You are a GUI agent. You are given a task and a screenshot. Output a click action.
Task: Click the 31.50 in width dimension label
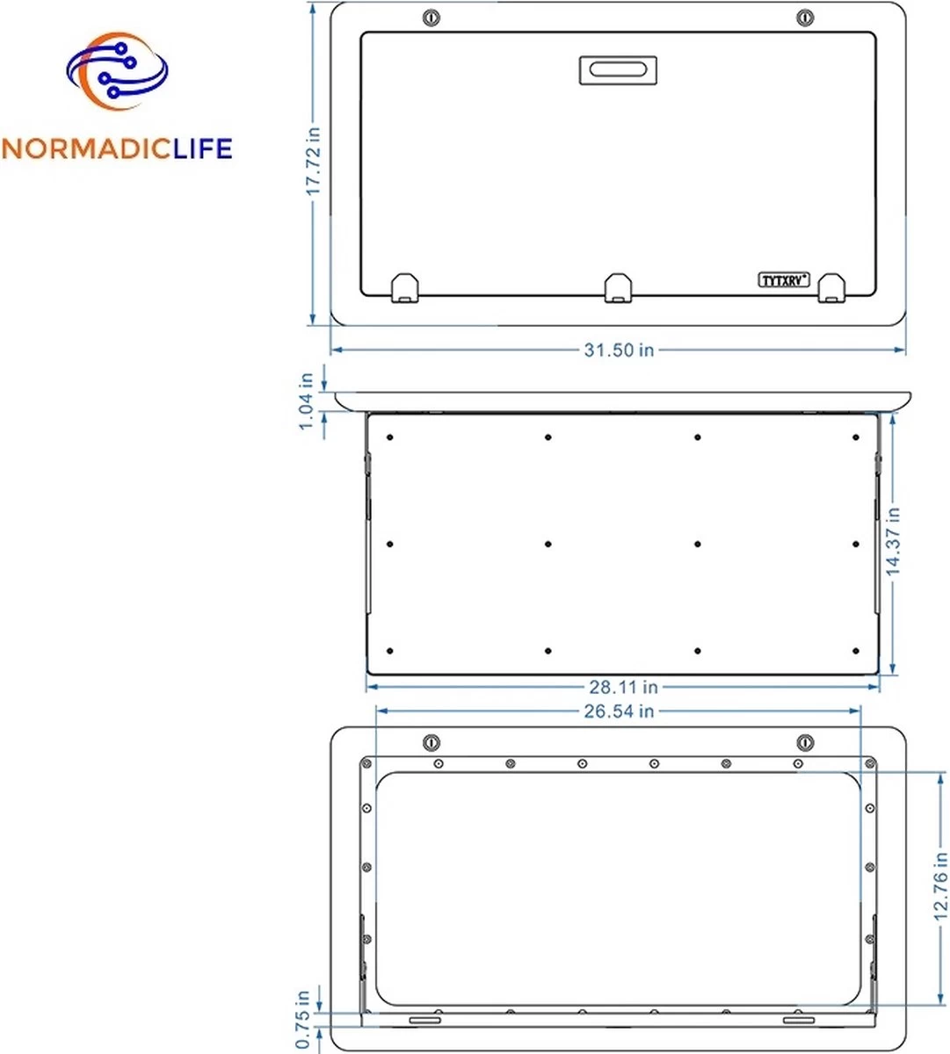tap(619, 350)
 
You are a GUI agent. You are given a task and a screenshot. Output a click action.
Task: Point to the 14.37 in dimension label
tap(893, 541)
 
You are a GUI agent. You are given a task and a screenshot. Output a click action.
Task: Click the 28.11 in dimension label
tap(622, 687)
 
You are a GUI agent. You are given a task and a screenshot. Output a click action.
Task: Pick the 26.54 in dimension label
tap(619, 711)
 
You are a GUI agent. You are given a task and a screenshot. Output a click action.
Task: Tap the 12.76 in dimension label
tap(941, 885)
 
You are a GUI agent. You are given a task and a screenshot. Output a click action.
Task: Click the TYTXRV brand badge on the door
tap(784, 279)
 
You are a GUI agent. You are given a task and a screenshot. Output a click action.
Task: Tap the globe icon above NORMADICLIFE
tap(116, 73)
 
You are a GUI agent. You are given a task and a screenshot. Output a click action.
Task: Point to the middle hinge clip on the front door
tap(619, 287)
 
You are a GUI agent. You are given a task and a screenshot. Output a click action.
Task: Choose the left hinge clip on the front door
tap(404, 287)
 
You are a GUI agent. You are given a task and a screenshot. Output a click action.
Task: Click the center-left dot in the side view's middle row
tap(548, 545)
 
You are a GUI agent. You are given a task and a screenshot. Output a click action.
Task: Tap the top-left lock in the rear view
tap(431, 742)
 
